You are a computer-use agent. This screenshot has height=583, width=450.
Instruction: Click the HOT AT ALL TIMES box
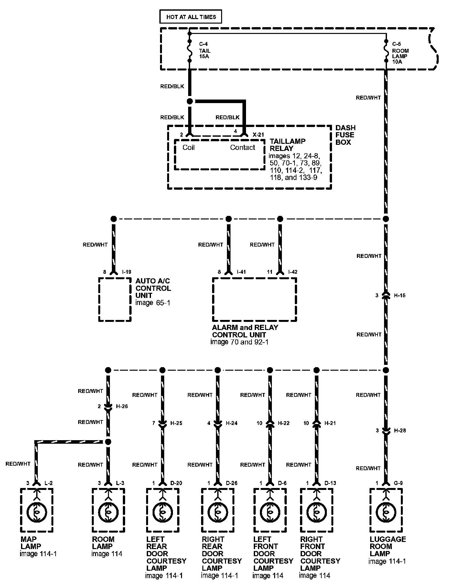pyautogui.click(x=191, y=17)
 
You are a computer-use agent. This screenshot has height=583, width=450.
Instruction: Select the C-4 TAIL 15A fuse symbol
pyautogui.click(x=190, y=51)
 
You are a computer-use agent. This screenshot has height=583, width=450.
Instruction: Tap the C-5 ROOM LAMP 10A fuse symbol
pyautogui.click(x=386, y=51)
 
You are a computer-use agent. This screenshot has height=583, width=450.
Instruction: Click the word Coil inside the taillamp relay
pyautogui.click(x=188, y=148)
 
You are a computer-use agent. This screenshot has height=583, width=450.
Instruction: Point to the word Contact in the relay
pyautogui.click(x=242, y=148)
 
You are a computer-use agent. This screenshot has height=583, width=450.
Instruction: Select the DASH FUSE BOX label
pyautogui.click(x=345, y=135)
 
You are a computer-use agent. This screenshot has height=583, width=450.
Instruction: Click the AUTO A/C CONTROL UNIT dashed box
pyautogui.click(x=115, y=299)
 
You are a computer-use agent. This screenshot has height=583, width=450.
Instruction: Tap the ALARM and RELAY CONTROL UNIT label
pyautogui.click(x=245, y=331)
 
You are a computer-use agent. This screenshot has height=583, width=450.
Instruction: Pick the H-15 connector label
pyautogui.click(x=400, y=295)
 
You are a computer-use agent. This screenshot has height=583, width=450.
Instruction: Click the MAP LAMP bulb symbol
pyautogui.click(x=37, y=512)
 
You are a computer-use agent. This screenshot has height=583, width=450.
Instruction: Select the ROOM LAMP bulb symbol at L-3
pyautogui.click(x=108, y=512)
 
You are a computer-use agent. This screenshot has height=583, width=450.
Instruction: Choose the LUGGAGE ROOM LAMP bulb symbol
pyautogui.click(x=386, y=512)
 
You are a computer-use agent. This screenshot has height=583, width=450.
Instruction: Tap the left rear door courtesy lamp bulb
pyautogui.click(x=162, y=512)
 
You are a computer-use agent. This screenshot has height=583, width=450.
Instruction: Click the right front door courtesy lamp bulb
pyautogui.click(x=316, y=512)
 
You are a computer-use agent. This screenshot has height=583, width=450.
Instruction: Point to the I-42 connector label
pyautogui.click(x=293, y=272)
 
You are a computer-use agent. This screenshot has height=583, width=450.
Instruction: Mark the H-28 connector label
pyautogui.click(x=400, y=430)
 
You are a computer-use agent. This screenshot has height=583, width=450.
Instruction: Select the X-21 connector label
pyautogui.click(x=258, y=134)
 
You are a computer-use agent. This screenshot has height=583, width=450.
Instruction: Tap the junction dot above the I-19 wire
pyautogui.click(x=113, y=219)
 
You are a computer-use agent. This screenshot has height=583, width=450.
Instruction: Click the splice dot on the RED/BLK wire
pyautogui.click(x=190, y=101)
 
